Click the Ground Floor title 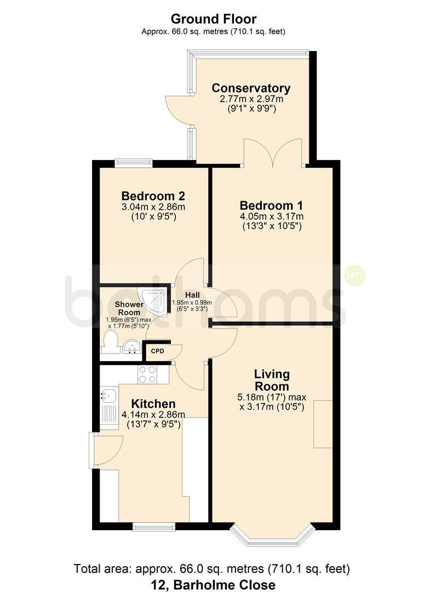coord(214,19)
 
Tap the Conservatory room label coord(251,88)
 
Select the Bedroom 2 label coord(153,196)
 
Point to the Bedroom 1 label coord(272,206)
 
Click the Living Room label coord(272,380)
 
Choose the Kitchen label coord(153,403)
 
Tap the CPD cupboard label coord(158,351)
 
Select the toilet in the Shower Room coord(111,342)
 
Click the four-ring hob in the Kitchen coord(147,374)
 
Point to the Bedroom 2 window coord(134,163)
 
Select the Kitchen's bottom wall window coord(154,526)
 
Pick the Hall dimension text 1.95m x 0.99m coord(192,303)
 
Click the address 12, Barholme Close coord(213,584)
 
